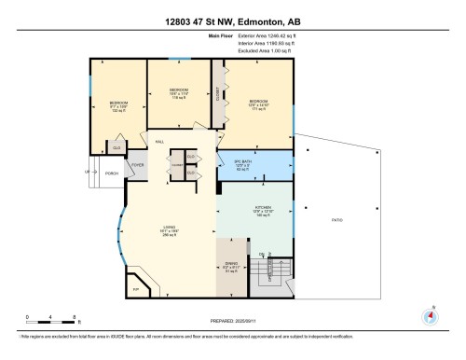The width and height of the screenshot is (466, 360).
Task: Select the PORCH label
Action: pyautogui.click(x=111, y=173)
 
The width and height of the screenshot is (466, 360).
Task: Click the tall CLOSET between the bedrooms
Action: pyautogui.click(x=217, y=94)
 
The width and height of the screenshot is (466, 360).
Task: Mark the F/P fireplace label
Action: pyautogui.click(x=135, y=290)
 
